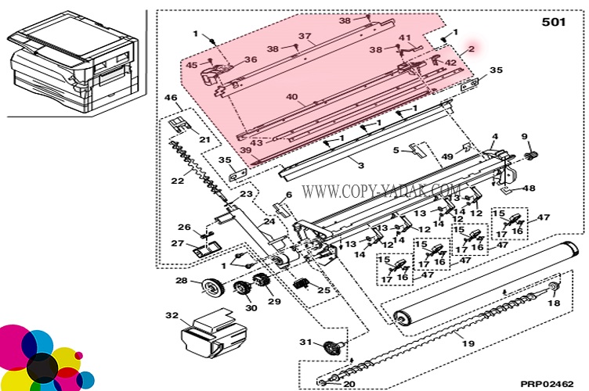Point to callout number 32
[x=172, y=316]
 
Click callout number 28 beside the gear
[x=181, y=281]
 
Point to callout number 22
[x=178, y=181]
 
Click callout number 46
[x=171, y=98]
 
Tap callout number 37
[x=305, y=36]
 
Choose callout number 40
[x=291, y=98]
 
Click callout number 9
[x=526, y=137]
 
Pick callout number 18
[x=555, y=303]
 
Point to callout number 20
[x=349, y=383]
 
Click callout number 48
[x=530, y=188]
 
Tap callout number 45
[x=192, y=65]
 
